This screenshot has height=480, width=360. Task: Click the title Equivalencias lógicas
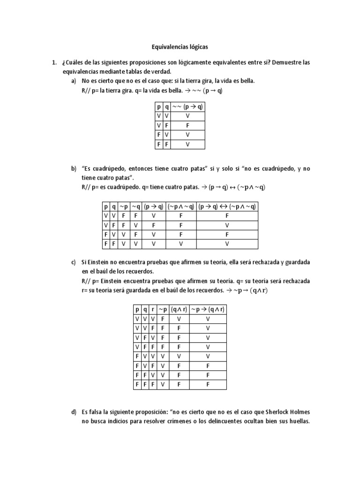180,47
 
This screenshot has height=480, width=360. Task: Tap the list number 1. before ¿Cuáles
54,62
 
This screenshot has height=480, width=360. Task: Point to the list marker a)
74,81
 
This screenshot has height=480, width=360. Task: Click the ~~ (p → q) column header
188,106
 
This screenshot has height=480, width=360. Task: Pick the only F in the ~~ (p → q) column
188,126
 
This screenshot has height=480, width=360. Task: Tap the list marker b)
74,168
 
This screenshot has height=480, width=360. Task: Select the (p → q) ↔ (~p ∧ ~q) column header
227,207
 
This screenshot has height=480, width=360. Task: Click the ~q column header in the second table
135,207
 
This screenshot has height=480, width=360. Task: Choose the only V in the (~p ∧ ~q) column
180,244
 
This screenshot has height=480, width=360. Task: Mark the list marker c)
74,262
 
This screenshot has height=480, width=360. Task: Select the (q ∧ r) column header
179,310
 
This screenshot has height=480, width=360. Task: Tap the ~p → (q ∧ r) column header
208,310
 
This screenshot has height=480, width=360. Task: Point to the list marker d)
74,412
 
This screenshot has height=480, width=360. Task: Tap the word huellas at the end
297,421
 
